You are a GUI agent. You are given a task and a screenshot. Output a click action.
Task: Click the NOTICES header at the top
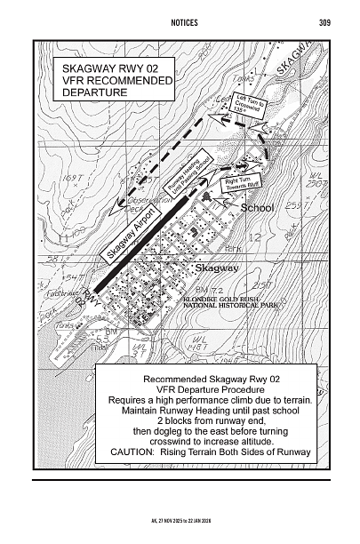tap(180, 22)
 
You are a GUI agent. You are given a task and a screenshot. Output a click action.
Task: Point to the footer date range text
tap(180, 516)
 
